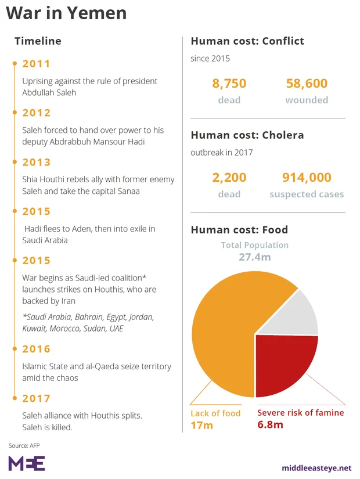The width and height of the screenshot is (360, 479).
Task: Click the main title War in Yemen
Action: click(66, 13)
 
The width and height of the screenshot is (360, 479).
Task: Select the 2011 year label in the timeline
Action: click(36, 64)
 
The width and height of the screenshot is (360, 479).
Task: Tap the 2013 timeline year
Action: click(36, 162)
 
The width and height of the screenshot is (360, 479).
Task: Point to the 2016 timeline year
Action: click(36, 349)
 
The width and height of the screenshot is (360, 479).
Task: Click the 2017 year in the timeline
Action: click(36, 398)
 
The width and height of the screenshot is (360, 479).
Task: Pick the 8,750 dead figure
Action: click(229, 84)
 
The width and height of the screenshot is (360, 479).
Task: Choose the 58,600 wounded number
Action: click(307, 84)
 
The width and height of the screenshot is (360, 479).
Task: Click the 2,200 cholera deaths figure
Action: click(229, 178)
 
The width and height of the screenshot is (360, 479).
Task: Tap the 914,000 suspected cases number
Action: click(307, 178)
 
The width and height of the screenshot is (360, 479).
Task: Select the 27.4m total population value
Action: click(255, 257)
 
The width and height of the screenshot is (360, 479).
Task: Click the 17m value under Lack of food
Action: click(202, 426)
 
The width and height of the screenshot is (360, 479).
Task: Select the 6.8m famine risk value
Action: click(271, 425)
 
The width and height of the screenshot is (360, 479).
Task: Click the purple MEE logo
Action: click(26, 463)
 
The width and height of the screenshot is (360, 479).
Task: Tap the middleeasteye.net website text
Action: click(316, 467)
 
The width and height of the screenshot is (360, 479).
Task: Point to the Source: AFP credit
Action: click(24, 445)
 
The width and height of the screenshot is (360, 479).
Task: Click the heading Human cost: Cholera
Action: click(247, 135)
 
